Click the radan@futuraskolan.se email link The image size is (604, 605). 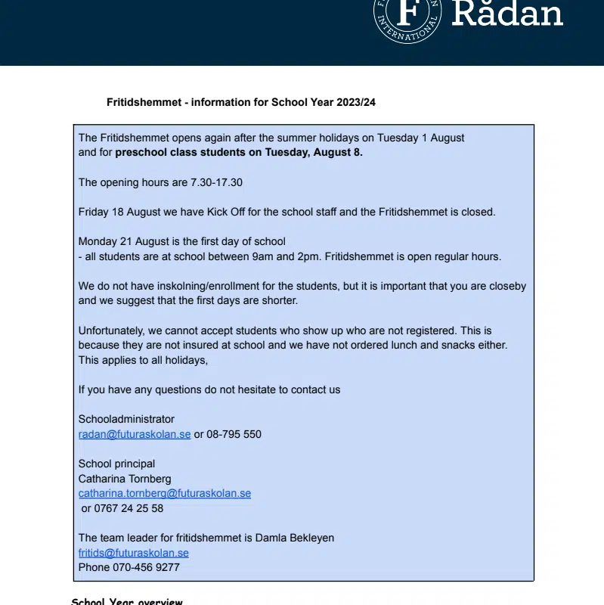tap(135, 434)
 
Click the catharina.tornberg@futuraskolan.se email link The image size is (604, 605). tap(165, 493)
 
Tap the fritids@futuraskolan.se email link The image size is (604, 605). tap(134, 553)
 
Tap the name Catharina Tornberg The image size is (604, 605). tap(125, 479)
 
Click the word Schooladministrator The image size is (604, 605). tap(126, 419)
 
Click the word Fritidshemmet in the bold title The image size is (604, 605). tap(144, 102)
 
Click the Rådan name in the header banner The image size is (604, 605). tap(507, 14)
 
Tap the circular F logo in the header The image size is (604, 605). tap(407, 15)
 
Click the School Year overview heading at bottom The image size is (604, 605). tap(127, 601)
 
